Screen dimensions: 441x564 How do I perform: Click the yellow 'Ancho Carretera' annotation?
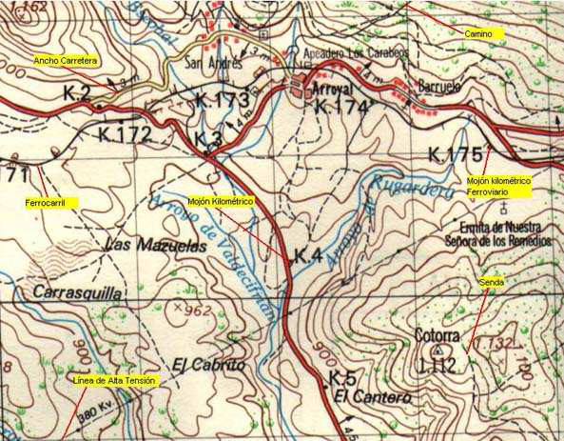pos(66,60)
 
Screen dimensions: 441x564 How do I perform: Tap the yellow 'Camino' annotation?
pos(478,33)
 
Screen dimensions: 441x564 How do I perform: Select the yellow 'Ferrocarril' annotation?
pos(51,203)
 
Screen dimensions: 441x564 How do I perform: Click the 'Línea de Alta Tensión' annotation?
pos(114,381)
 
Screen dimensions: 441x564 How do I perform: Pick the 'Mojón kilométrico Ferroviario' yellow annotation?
pos(498,186)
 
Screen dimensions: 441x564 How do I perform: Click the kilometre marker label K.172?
pos(125,134)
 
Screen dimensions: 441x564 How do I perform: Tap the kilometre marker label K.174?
pos(340,107)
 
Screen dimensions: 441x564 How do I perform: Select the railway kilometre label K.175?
pos(455,154)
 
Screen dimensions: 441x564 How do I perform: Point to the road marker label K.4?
pos(309,255)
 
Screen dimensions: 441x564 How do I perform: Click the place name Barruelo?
pos(440,86)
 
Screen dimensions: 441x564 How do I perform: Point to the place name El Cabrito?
pos(209,364)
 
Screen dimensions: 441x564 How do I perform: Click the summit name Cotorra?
pos(438,336)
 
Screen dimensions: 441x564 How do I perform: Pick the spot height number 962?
pos(196,310)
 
